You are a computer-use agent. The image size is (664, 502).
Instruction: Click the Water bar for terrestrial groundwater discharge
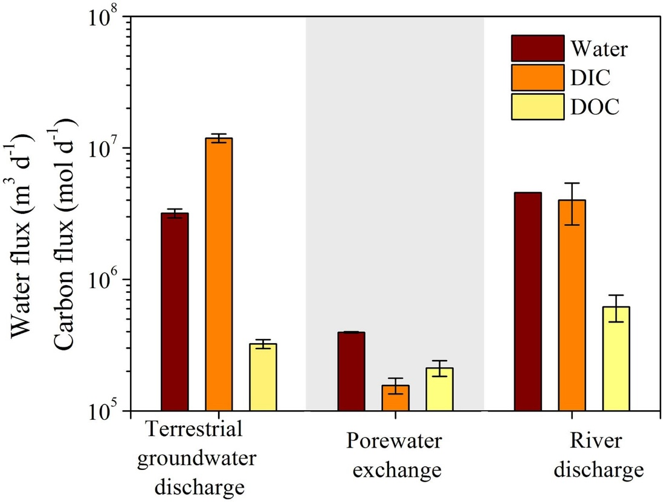pos(175,312)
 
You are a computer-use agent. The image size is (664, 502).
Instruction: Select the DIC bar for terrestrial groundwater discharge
pos(219,274)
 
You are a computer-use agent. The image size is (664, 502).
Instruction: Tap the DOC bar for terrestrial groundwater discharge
pos(263,377)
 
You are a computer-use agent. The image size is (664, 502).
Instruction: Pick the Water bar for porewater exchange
pos(351,371)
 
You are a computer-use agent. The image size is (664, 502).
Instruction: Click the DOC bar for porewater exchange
pos(439,389)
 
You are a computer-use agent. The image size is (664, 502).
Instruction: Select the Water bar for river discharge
pos(527,301)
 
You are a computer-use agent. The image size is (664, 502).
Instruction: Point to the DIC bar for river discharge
pos(572,305)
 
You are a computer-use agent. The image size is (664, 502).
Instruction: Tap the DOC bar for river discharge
pos(616,358)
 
